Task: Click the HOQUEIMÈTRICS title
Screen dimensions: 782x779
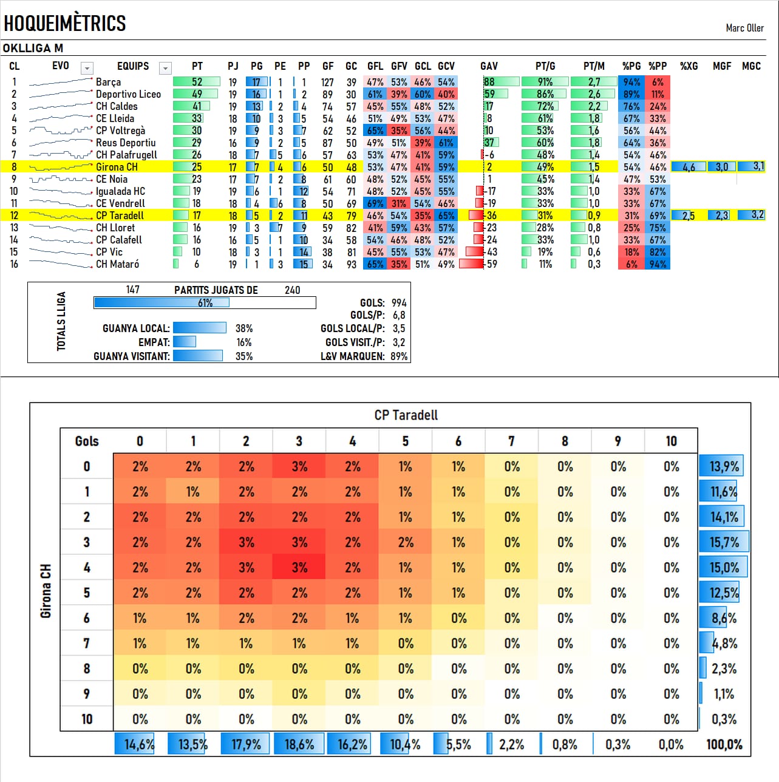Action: tap(64, 23)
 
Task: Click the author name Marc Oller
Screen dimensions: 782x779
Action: tap(744, 28)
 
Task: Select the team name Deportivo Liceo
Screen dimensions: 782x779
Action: tap(128, 94)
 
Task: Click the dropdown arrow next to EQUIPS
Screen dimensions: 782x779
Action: tap(165, 68)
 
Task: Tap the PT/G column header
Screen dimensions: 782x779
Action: tap(545, 66)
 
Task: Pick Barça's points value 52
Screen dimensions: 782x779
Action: tap(197, 82)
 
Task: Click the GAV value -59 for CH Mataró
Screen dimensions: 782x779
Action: tap(491, 264)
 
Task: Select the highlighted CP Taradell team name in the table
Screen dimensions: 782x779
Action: tap(120, 216)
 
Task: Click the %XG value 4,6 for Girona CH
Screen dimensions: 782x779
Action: tap(689, 167)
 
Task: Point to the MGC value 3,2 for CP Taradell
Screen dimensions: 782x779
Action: tap(757, 215)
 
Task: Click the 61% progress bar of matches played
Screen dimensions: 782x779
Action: tap(205, 303)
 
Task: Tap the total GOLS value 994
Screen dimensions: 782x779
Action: tap(398, 303)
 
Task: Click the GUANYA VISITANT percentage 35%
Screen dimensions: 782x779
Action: tap(243, 356)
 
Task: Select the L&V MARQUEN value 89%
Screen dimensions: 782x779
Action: tap(398, 356)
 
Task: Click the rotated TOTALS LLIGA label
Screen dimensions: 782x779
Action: tap(61, 321)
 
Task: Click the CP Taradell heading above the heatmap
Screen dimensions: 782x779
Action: tap(406, 415)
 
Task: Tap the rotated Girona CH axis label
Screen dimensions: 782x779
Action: tap(46, 591)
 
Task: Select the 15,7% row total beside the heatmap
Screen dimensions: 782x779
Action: tap(724, 542)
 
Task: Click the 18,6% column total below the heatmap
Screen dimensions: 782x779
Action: tap(299, 744)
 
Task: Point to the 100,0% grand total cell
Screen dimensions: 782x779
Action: tap(724, 744)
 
